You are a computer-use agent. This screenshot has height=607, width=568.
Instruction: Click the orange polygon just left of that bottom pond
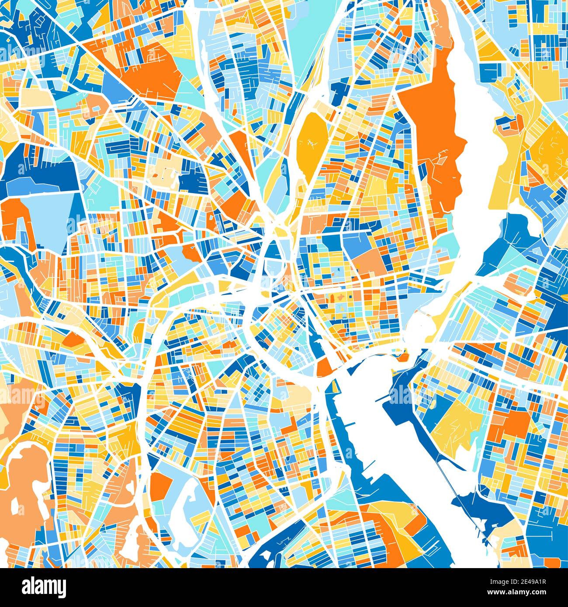162,485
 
